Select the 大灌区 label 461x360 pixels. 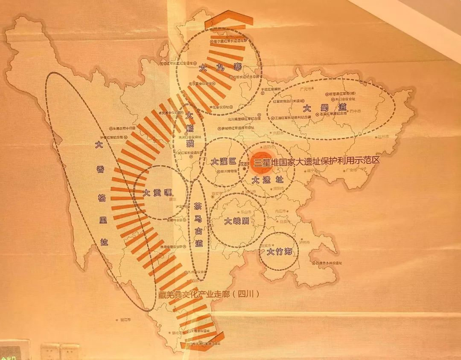pos(223,162)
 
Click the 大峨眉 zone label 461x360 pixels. pos(237,221)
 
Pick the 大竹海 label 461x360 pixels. pos(279,252)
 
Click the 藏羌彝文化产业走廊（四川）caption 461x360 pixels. pos(208,294)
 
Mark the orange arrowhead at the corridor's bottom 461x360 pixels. pos(201,345)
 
